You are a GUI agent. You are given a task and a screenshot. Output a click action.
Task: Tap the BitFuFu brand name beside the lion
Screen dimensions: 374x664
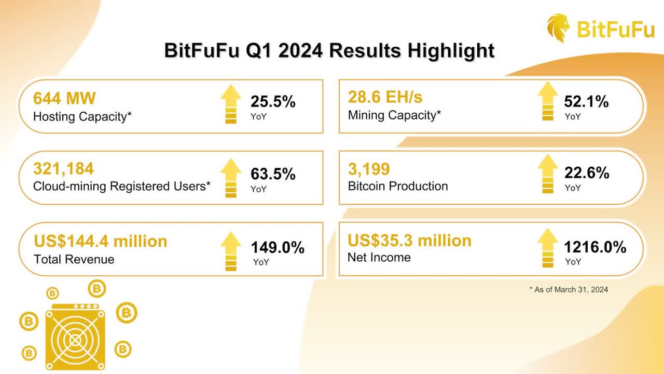pyautogui.click(x=616, y=29)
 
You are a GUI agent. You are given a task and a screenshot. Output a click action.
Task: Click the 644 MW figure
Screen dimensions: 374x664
pyautogui.click(x=64, y=98)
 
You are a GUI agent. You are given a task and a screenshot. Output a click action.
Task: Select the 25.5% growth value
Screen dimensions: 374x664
pyautogui.click(x=273, y=102)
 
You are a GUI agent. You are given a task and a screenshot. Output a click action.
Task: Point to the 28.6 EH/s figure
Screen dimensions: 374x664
pyautogui.click(x=385, y=97)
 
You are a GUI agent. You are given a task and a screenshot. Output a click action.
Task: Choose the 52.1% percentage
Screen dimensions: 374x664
pyautogui.click(x=586, y=102)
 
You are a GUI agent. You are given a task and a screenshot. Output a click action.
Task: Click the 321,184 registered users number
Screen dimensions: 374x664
pyautogui.click(x=63, y=169)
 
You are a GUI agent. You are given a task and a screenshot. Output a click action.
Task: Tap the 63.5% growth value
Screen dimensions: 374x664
pyautogui.click(x=273, y=174)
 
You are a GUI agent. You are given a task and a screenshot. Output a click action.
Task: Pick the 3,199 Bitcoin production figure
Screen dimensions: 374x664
pyautogui.click(x=369, y=169)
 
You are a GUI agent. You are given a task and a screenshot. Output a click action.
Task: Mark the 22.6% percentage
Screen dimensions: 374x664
pyautogui.click(x=587, y=173)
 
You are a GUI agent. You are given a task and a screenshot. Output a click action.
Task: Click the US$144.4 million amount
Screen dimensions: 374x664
pyautogui.click(x=101, y=241)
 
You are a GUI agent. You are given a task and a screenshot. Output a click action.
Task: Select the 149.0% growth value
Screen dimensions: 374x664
pyautogui.click(x=278, y=248)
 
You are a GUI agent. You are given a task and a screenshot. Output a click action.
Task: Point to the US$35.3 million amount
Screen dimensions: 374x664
pyautogui.click(x=409, y=241)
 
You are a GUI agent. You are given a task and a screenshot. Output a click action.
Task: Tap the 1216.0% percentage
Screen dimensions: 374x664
pyautogui.click(x=595, y=247)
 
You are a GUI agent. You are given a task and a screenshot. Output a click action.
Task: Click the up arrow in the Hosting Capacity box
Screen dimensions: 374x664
pyautogui.click(x=231, y=104)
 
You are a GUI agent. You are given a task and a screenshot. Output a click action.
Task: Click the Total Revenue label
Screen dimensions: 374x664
pyautogui.click(x=74, y=259)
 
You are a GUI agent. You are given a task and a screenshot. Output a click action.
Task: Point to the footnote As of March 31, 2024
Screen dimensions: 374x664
pyautogui.click(x=571, y=290)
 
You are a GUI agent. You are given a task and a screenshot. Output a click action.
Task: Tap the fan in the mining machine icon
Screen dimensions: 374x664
pyautogui.click(x=76, y=341)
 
